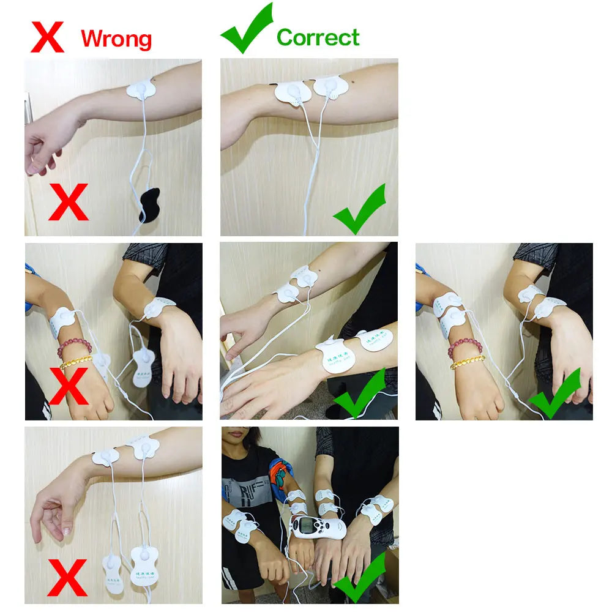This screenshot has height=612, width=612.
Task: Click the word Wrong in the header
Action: (x=116, y=39)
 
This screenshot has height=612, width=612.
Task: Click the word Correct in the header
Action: (x=318, y=37)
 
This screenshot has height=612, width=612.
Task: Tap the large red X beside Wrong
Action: (x=47, y=36)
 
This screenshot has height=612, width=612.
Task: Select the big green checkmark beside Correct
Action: (x=246, y=29)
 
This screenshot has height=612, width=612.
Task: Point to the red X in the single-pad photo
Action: (x=69, y=202)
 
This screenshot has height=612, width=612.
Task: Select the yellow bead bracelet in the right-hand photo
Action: (x=468, y=362)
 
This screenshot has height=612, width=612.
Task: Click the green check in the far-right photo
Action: (x=554, y=393)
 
